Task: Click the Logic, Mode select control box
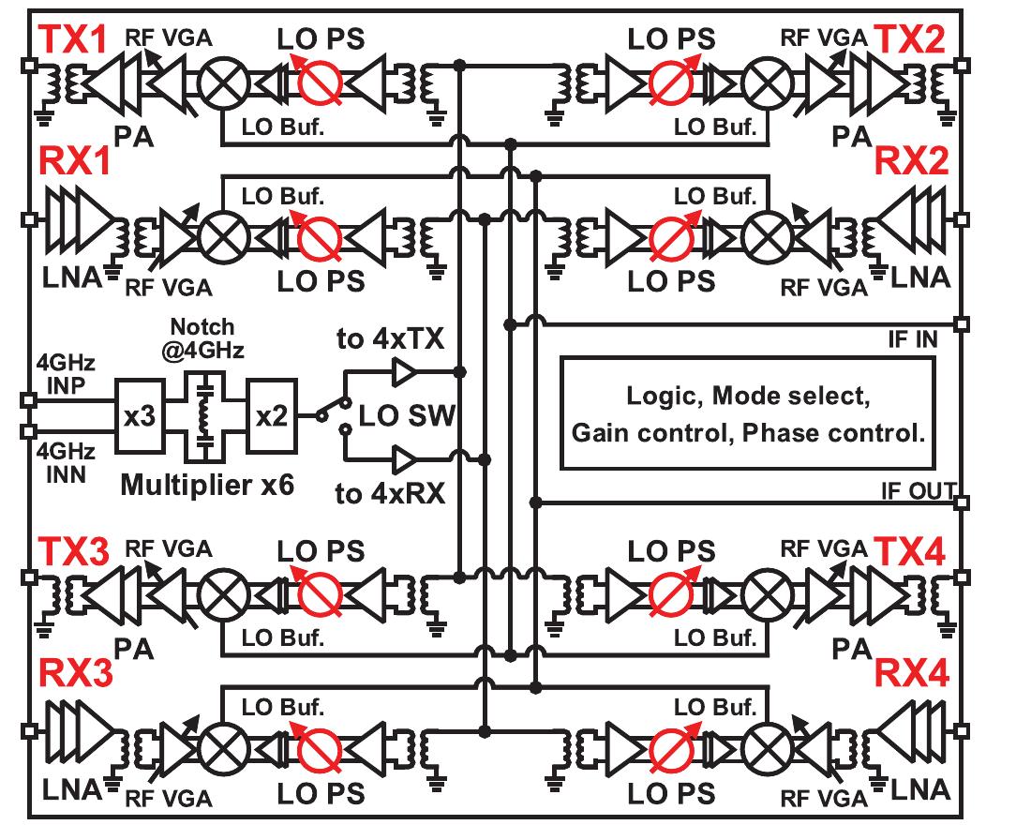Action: coord(747,413)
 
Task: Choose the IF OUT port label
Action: coord(918,489)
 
